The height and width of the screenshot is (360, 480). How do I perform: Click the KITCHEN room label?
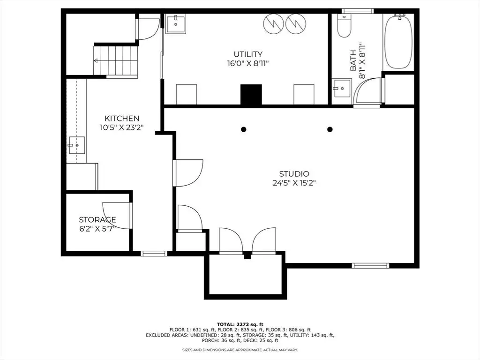(x=122, y=119)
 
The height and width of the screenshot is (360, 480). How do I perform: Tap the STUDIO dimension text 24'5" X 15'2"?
(x=294, y=183)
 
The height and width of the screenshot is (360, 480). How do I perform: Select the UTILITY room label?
(x=248, y=54)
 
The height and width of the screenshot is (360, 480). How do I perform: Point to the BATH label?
(x=353, y=60)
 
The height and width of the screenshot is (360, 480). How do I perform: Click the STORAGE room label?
(x=97, y=219)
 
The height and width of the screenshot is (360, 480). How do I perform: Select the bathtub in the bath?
(x=398, y=41)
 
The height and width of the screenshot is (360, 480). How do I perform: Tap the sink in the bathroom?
(x=342, y=88)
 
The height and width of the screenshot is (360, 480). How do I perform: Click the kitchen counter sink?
(x=76, y=145)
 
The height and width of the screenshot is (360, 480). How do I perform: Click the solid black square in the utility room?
(x=251, y=95)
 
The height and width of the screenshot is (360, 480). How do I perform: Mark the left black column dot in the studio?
(x=243, y=129)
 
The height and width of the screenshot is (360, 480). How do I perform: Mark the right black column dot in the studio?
(x=330, y=129)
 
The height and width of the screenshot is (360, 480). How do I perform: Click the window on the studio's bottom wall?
(x=370, y=265)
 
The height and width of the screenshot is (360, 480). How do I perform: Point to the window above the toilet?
(x=358, y=11)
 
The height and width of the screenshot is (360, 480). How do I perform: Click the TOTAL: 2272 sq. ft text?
(x=240, y=324)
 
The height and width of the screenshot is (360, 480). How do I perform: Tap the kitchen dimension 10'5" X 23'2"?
(x=122, y=127)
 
